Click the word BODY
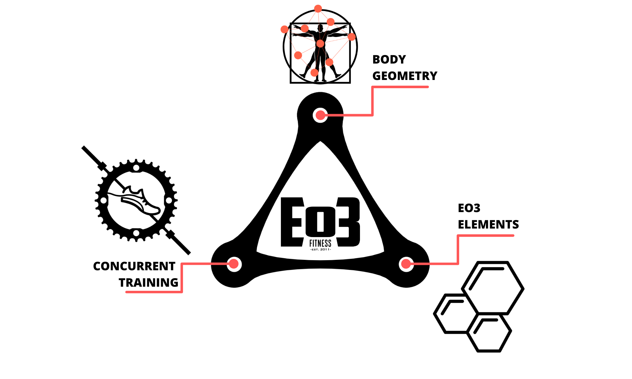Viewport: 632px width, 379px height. pyautogui.click(x=389, y=59)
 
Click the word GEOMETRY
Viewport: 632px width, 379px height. pyautogui.click(x=405, y=76)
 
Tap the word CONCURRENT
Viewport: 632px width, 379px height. pyautogui.click(x=134, y=266)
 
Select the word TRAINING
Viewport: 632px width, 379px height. pyautogui.click(x=149, y=283)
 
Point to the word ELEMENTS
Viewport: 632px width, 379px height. pyautogui.click(x=488, y=224)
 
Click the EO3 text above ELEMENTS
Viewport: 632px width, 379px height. pyautogui.click(x=469, y=208)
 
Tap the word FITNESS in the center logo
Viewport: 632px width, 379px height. pyautogui.click(x=320, y=243)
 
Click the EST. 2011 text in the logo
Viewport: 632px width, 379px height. pyautogui.click(x=320, y=249)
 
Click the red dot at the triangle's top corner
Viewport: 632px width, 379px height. pyautogui.click(x=320, y=115)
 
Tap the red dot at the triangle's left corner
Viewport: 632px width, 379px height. pyautogui.click(x=234, y=264)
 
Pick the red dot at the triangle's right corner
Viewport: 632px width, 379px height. pyautogui.click(x=406, y=264)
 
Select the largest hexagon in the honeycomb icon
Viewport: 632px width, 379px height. pyautogui.click(x=493, y=288)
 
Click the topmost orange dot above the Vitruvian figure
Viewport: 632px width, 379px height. pyautogui.click(x=318, y=9)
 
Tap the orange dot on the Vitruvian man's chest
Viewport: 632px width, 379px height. pyautogui.click(x=320, y=44)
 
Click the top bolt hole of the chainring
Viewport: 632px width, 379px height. pyautogui.click(x=136, y=168)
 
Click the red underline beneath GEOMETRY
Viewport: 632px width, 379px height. pyautogui.click(x=400, y=87)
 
